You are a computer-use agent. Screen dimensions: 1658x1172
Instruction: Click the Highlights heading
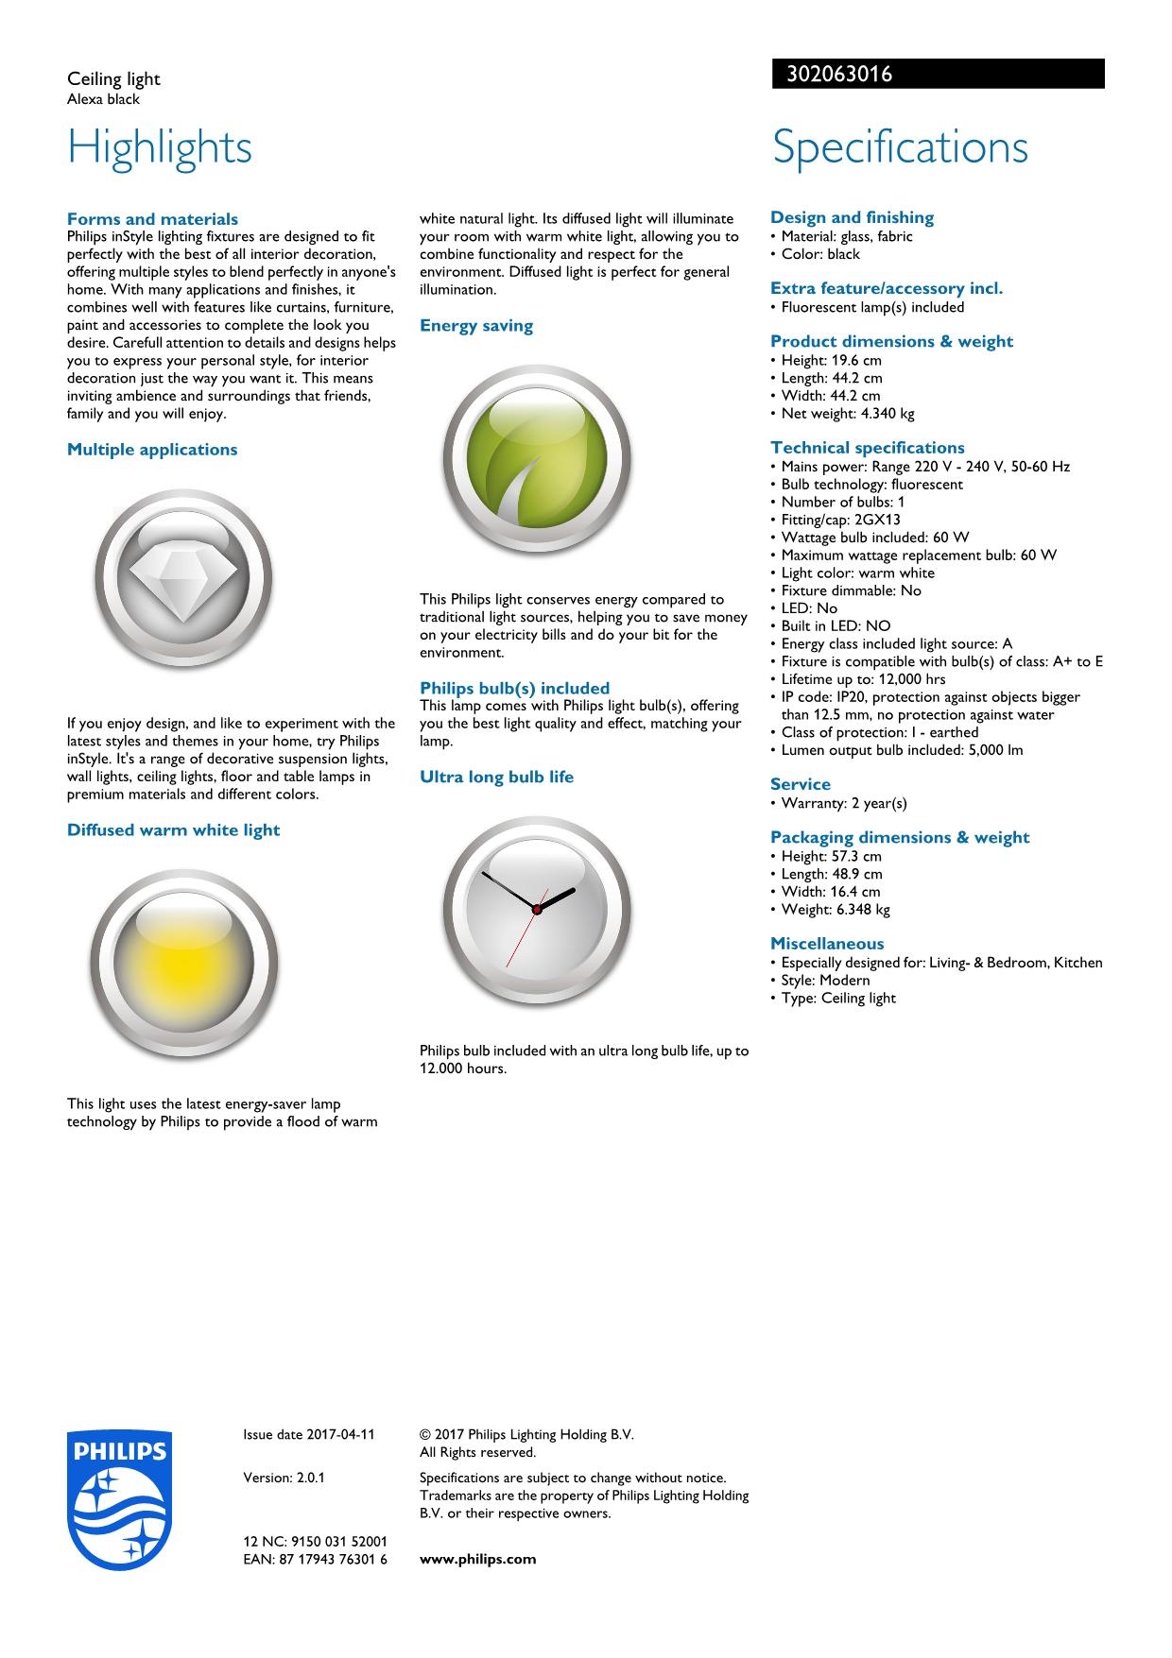coord(160,147)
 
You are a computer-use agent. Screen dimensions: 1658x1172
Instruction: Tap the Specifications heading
coord(900,147)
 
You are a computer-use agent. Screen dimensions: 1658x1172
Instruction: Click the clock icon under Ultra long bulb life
coord(537,909)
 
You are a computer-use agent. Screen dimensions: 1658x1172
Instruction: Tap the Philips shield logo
coord(120,1499)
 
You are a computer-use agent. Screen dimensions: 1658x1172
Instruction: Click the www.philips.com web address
coord(477,1559)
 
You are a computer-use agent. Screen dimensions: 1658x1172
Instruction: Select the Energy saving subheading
coord(476,326)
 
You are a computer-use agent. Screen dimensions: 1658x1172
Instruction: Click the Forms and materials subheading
coord(152,219)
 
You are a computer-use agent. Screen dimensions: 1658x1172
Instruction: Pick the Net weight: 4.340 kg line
coord(847,413)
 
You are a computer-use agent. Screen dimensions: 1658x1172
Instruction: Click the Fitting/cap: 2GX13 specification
coord(840,520)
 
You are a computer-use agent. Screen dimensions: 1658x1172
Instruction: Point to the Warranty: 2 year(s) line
coord(843,803)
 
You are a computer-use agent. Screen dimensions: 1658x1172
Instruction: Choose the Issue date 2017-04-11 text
coord(309,1434)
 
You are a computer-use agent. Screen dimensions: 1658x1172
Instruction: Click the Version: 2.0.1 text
coord(284,1478)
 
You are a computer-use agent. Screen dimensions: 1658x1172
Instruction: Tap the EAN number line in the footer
coord(315,1559)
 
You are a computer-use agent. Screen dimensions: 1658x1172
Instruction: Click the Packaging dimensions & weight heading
coord(900,837)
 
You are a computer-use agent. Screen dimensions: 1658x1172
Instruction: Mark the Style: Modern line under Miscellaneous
coord(825,980)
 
